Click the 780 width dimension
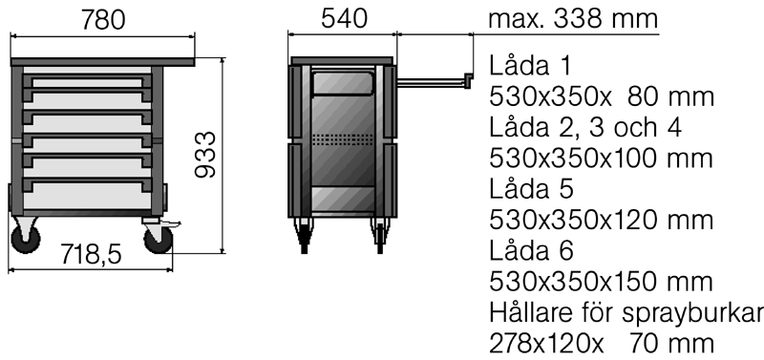[x=103, y=20]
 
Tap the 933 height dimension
[x=205, y=155]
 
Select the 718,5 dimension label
[x=91, y=254]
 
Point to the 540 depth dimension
[x=344, y=19]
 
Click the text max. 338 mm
[x=573, y=19]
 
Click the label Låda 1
[x=529, y=66]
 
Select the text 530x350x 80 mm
[x=602, y=97]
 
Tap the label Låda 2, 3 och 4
[x=585, y=128]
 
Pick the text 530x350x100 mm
[x=601, y=159]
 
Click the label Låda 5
[x=531, y=189]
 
